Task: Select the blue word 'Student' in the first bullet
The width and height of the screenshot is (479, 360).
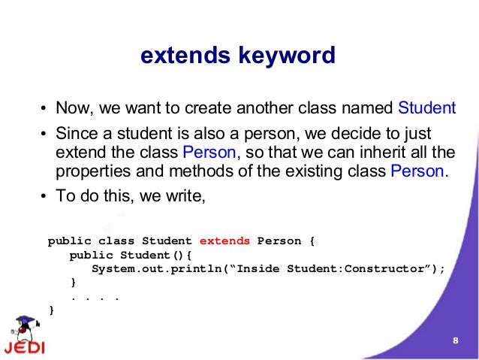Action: click(x=426, y=107)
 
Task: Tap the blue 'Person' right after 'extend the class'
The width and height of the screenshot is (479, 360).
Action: click(x=209, y=153)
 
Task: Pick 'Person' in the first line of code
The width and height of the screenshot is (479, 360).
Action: click(x=279, y=241)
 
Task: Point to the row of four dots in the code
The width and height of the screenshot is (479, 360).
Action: click(x=95, y=296)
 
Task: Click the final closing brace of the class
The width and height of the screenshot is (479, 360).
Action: click(x=51, y=309)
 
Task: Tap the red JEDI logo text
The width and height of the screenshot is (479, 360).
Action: click(x=23, y=349)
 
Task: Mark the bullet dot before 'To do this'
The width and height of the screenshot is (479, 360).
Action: click(x=44, y=198)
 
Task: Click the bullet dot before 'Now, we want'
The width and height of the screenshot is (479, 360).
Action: click(x=44, y=107)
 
